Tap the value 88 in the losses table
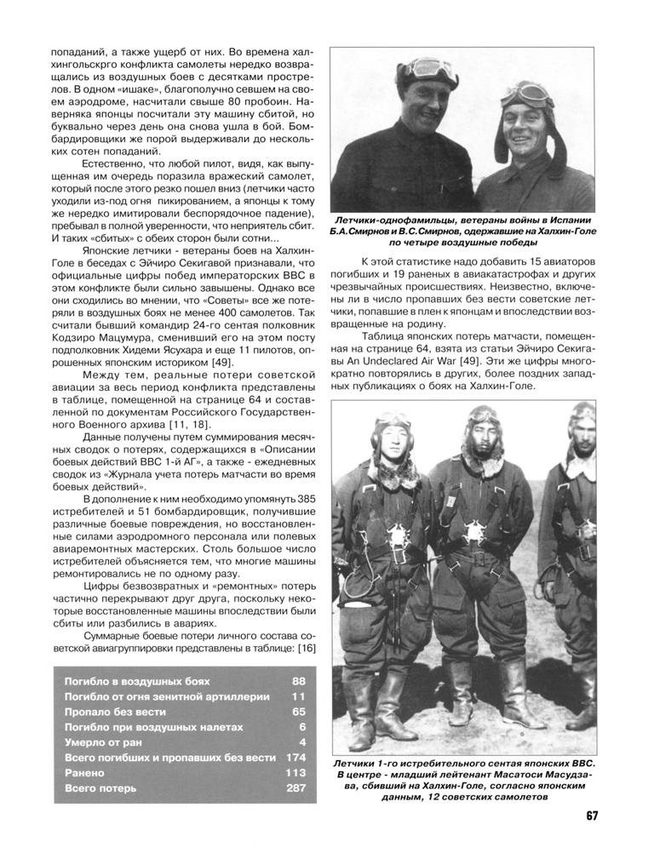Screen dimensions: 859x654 [298, 682]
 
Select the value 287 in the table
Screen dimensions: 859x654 [295, 788]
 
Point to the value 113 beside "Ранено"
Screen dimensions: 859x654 [295, 773]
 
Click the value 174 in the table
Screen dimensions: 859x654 [295, 758]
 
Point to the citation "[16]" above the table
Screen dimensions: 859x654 [307, 649]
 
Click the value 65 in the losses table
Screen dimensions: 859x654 [298, 712]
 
